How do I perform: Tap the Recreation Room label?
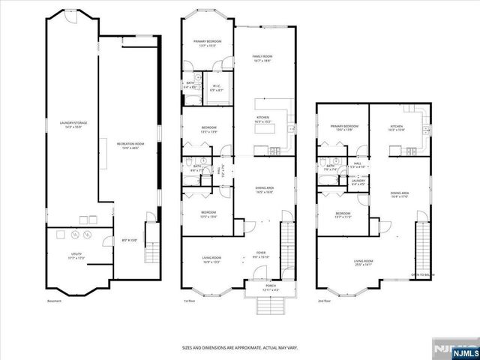[x=130, y=143]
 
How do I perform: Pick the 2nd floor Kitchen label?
[x=397, y=128]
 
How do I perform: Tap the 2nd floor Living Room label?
[x=364, y=262]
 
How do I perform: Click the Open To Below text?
[x=424, y=274]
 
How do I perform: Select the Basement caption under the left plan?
[x=54, y=301]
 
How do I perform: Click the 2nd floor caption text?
[x=325, y=301]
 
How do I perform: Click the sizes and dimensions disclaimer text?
[x=240, y=347]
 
